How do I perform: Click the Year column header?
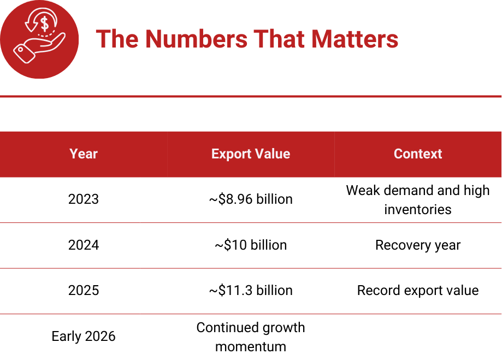pos(84,154)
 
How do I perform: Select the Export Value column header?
pos(251,154)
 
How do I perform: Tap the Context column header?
pos(418,154)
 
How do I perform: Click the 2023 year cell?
pos(84,199)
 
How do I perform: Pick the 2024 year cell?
pos(84,245)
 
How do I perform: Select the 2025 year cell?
pos(84,290)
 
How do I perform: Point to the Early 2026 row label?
pos(84,336)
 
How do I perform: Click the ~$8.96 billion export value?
pos(251,199)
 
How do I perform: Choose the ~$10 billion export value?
pos(251,245)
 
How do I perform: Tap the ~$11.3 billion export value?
pos(251,290)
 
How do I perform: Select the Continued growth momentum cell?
pos(251,337)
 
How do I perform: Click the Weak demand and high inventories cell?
pos(418,199)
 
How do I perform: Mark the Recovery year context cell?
pos(418,245)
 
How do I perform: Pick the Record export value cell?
pos(418,290)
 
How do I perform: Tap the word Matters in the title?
pos(355,39)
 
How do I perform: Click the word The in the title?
pos(117,39)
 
